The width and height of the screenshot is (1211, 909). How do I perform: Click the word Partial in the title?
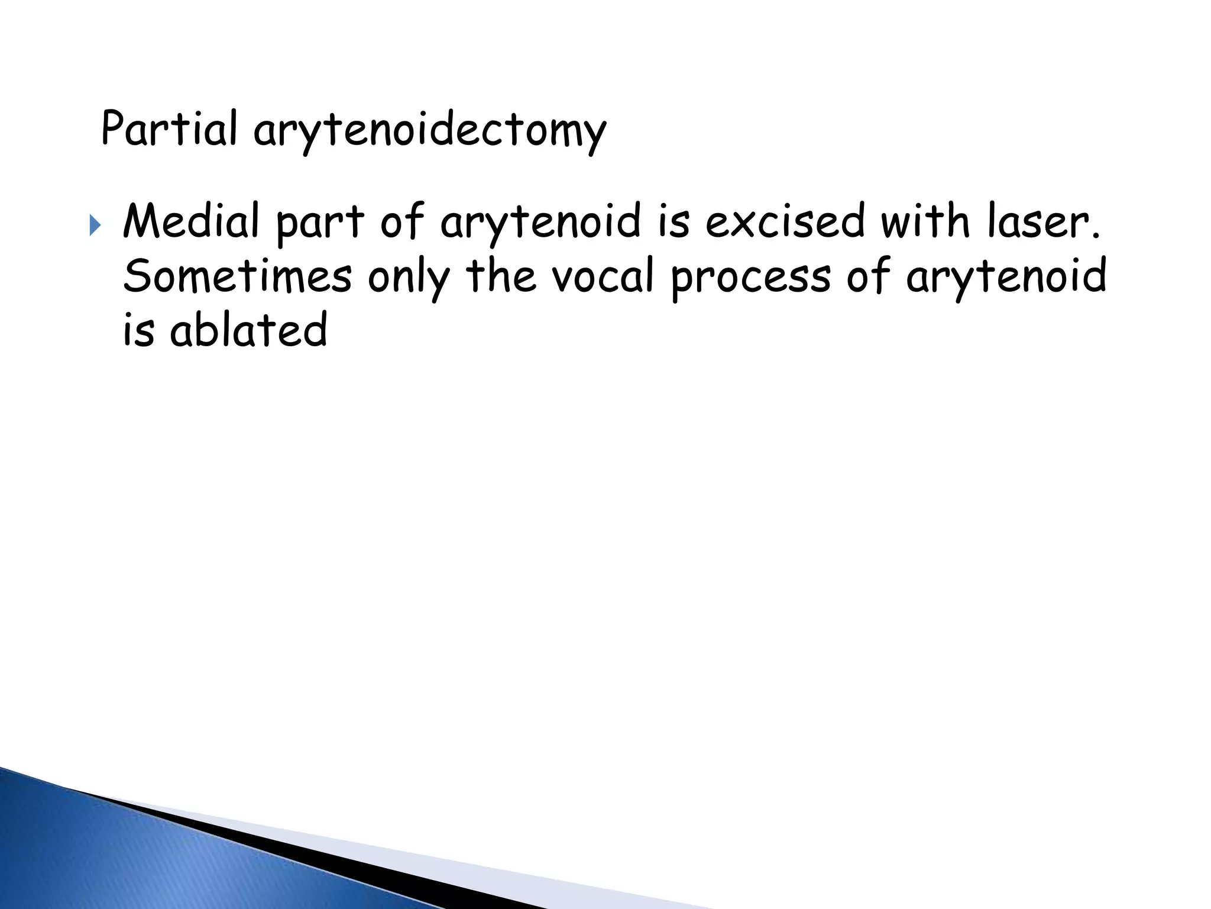pos(169,128)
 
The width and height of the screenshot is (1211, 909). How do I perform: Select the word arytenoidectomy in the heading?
pos(430,131)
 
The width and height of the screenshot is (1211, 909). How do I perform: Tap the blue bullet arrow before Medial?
pos(95,225)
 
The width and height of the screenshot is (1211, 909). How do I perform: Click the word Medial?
pos(191,221)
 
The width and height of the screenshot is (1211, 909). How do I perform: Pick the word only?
pos(409,278)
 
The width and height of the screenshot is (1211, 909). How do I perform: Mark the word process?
pos(750,278)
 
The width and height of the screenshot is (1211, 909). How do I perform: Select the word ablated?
pos(248,330)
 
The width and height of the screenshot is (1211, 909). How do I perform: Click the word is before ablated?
pos(138,330)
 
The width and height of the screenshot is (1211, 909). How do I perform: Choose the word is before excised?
pos(674,221)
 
